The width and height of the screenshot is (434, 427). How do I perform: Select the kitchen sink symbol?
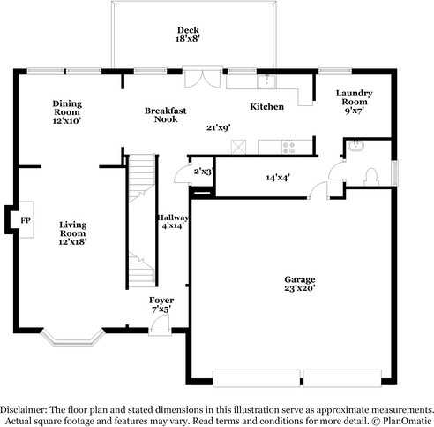[x=267, y=83]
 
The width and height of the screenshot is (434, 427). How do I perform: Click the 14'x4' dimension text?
[x=278, y=177]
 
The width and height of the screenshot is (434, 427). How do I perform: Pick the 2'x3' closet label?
[x=202, y=171]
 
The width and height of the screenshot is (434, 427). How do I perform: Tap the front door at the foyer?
[x=159, y=327]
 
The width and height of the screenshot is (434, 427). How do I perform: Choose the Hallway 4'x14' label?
[x=173, y=222]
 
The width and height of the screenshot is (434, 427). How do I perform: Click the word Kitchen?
[x=266, y=106]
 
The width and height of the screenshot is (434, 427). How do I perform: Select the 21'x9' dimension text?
[x=218, y=127]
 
